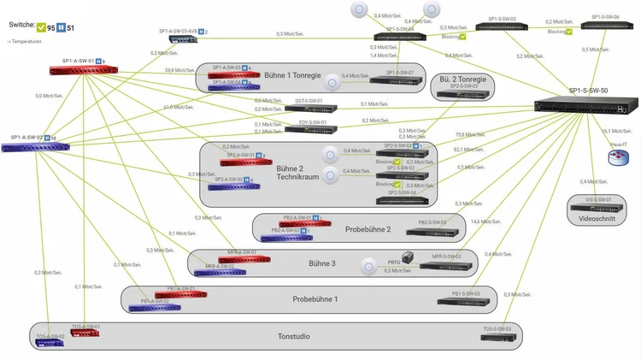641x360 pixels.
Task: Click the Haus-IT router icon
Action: pyautogui.click(x=617, y=159)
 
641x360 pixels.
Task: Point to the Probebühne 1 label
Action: pyautogui.click(x=315, y=299)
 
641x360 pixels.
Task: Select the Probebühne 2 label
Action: pyautogui.click(x=368, y=229)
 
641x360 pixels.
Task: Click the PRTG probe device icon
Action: pyautogui.click(x=408, y=257)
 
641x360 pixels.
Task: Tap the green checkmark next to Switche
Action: pyautogui.click(x=40, y=28)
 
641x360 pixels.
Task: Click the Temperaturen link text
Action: pyautogui.click(x=29, y=41)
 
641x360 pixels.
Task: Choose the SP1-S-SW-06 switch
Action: pyautogui.click(x=601, y=27)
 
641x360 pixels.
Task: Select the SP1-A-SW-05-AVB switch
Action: pyautogui.click(x=183, y=38)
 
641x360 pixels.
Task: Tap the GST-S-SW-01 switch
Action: pyautogui.click(x=312, y=109)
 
